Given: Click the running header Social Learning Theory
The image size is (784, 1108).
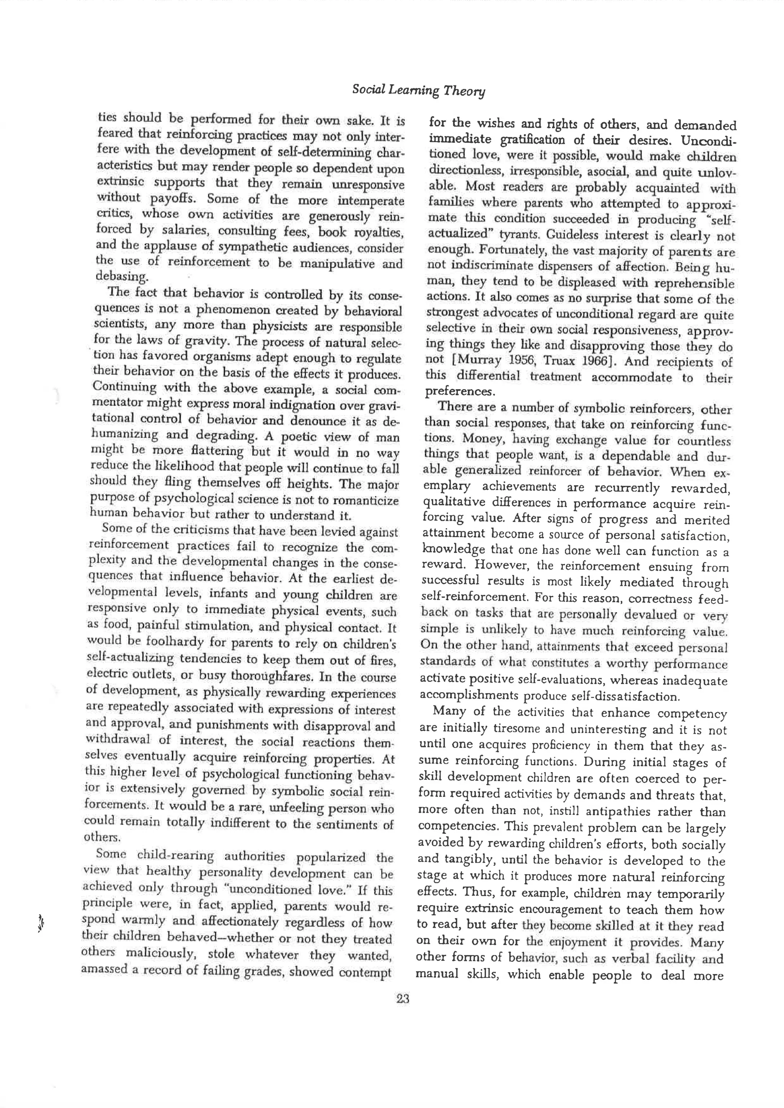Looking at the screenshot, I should coord(418,90).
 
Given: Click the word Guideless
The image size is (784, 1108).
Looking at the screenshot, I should coord(571,236).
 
